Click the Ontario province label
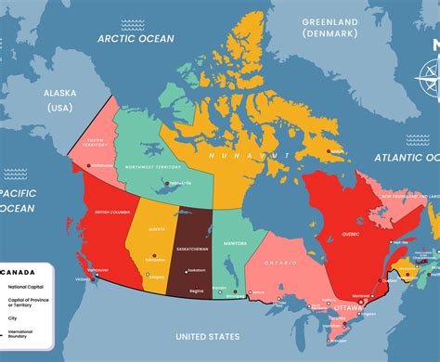(278, 263)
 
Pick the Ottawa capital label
(349, 306)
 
